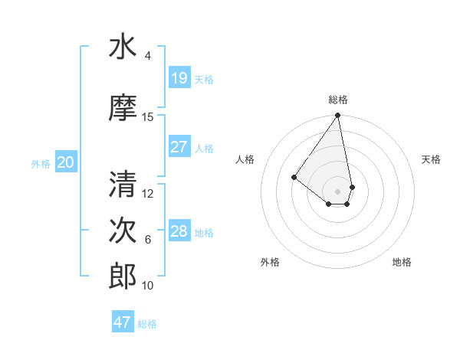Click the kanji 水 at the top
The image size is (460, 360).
pyautogui.click(x=123, y=47)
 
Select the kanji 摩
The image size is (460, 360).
pyautogui.click(x=123, y=108)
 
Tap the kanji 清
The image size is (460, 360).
pyautogui.click(x=123, y=184)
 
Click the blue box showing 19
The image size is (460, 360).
pyautogui.click(x=179, y=78)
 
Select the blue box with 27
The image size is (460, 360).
pyautogui.click(x=179, y=147)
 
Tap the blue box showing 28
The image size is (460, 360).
pyautogui.click(x=179, y=231)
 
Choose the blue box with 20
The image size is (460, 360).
pyautogui.click(x=66, y=162)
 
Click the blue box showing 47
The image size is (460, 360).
pyautogui.click(x=123, y=322)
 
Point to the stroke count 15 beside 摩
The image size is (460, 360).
pyautogui.click(x=148, y=117)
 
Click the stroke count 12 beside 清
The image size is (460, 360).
pyautogui.click(x=148, y=193)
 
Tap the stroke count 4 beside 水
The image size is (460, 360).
pyautogui.click(x=148, y=56)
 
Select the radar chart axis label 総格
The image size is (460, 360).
pyautogui.click(x=338, y=100)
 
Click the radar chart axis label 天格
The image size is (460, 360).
pyautogui.click(x=431, y=159)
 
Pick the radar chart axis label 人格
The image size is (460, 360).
pyautogui.click(x=245, y=159)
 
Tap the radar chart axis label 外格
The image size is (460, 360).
pyautogui.click(x=270, y=262)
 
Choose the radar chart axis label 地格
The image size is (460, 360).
pyautogui.click(x=402, y=262)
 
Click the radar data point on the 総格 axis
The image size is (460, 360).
pyautogui.click(x=337, y=116)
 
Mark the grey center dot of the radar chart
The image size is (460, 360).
pyautogui.click(x=337, y=191)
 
